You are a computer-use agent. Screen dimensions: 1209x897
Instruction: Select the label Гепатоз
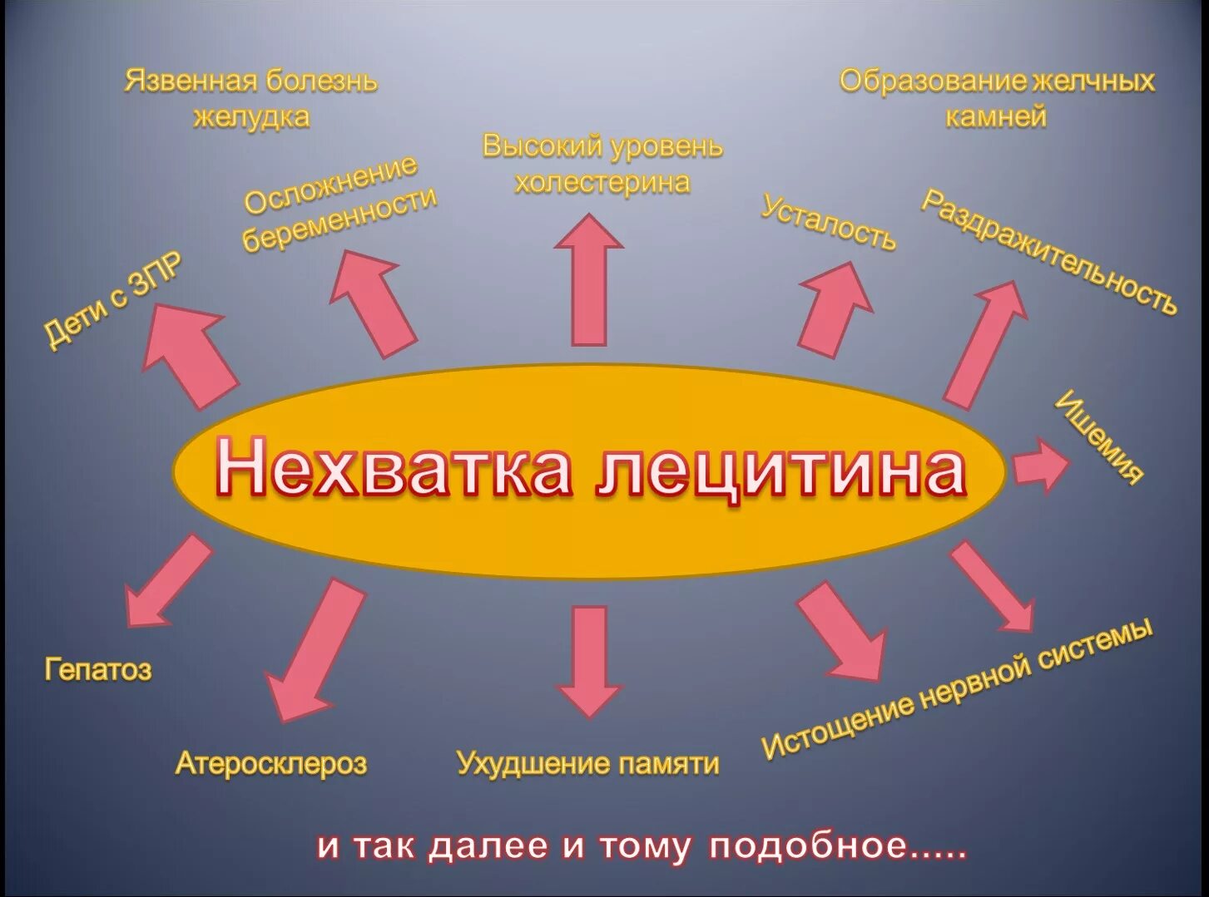click(x=98, y=669)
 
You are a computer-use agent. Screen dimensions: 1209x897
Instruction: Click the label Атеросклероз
click(x=271, y=763)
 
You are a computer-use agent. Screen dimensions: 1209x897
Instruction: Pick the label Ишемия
click(x=1099, y=436)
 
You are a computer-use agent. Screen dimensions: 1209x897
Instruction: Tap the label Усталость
click(x=829, y=223)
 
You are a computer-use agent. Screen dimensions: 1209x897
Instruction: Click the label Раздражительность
click(x=1049, y=252)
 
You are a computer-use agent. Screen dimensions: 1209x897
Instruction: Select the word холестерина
click(x=602, y=182)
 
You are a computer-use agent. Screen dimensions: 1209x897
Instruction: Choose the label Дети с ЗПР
click(x=113, y=300)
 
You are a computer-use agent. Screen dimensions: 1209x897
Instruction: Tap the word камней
click(x=996, y=116)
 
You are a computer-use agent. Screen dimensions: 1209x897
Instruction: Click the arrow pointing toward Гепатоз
click(x=166, y=582)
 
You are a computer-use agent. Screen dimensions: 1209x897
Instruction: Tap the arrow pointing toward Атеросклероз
click(x=315, y=649)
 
